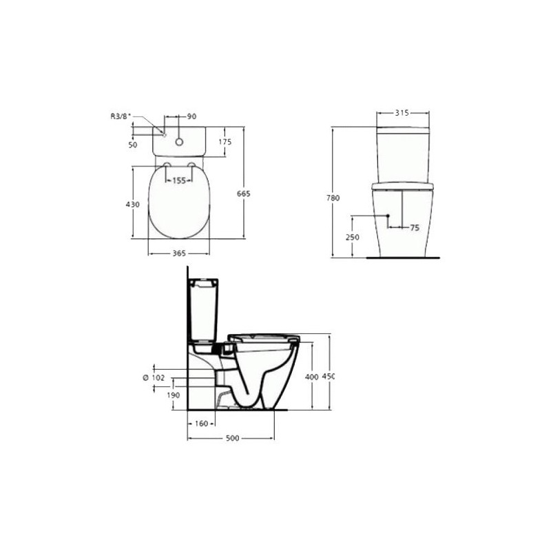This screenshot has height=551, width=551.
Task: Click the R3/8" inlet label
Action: pyautogui.click(x=121, y=116)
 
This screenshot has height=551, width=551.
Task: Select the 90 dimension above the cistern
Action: pyautogui.click(x=191, y=116)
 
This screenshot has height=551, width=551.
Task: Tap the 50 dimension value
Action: pyautogui.click(x=133, y=145)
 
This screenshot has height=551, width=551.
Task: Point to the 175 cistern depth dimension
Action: pyautogui.click(x=225, y=142)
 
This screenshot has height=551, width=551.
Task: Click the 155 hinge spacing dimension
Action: pyautogui.click(x=179, y=180)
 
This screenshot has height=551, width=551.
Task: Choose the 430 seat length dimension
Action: pyautogui.click(x=133, y=204)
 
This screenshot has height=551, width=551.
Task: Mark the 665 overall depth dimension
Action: pyautogui.click(x=244, y=194)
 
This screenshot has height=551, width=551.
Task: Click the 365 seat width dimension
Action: pyautogui.click(x=179, y=253)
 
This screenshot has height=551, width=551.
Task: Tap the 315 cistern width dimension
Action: pyautogui.click(x=402, y=113)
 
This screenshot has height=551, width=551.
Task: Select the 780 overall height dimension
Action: pyautogui.click(x=333, y=198)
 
